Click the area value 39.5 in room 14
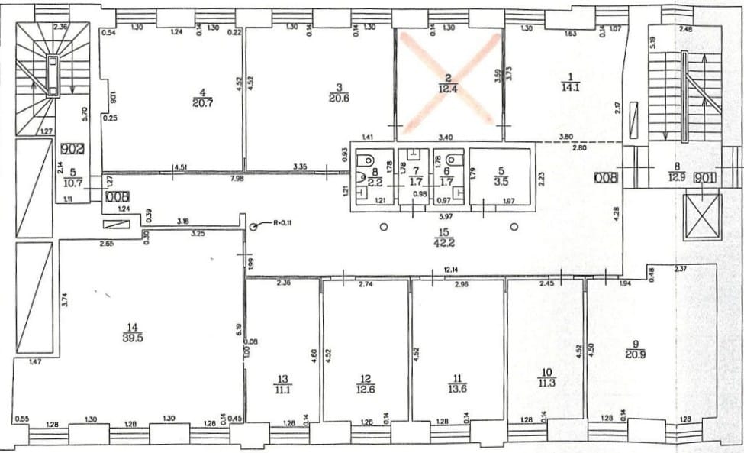tap(132, 339)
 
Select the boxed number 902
tap(73, 149)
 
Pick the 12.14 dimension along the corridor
tap(455, 270)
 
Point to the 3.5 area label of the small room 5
tap(501, 183)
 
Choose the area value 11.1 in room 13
tap(283, 388)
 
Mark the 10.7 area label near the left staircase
tap(72, 183)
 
